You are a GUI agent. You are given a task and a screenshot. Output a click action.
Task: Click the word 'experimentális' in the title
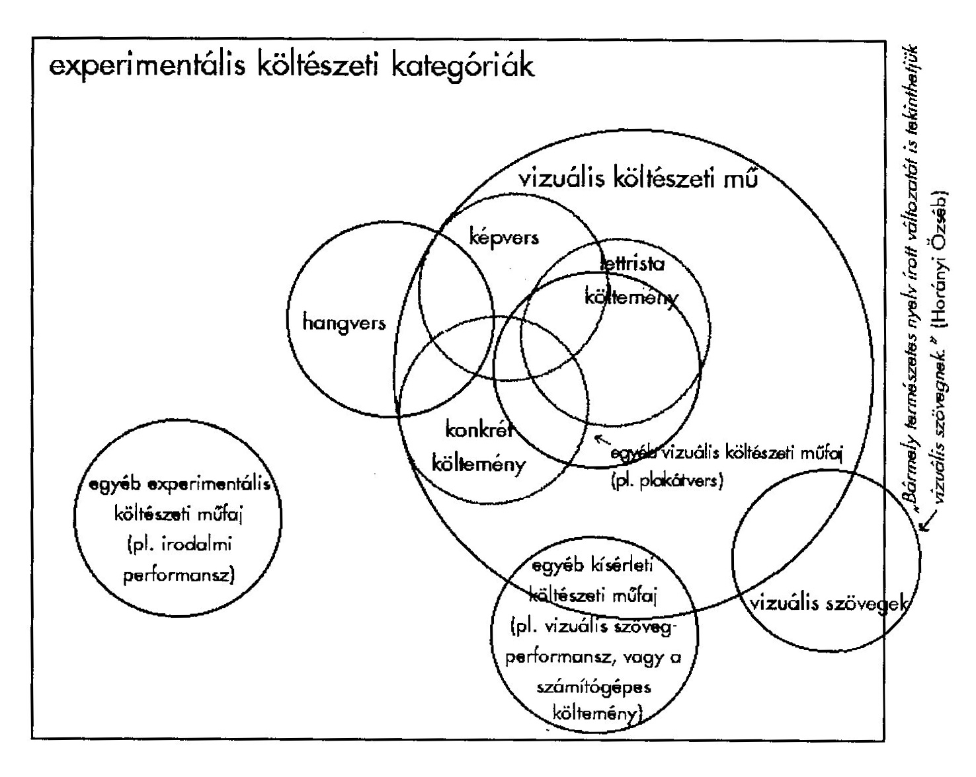[x=138, y=69]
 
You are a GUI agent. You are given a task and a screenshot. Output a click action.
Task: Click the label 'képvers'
[x=503, y=237]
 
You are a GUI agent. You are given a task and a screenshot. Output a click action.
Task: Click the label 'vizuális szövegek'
[x=827, y=603]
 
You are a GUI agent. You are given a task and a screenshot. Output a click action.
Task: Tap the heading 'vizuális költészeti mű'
[x=638, y=180]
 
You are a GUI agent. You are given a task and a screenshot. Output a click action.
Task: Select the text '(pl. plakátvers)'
[x=667, y=480]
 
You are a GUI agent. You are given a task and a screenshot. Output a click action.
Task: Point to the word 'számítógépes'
[x=594, y=686]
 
